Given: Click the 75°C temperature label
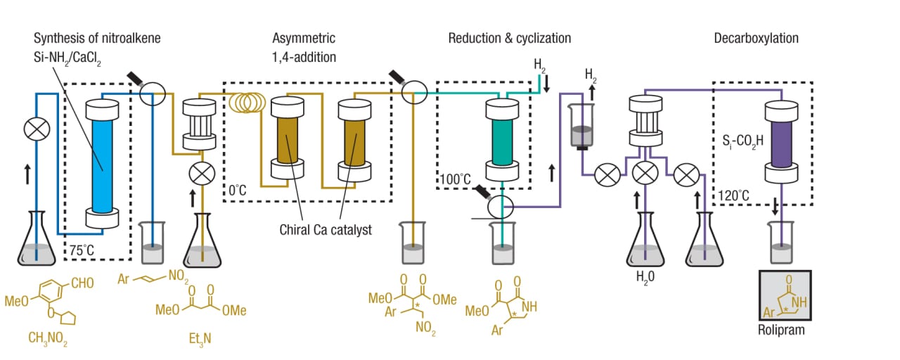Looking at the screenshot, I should (82, 249).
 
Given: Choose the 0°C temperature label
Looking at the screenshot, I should (239, 191).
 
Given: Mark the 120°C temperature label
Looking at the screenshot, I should (735, 195).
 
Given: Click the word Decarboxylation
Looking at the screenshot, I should (756, 38).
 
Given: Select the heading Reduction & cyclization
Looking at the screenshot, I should (509, 38).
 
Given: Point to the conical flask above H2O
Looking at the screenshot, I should (645, 243).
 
